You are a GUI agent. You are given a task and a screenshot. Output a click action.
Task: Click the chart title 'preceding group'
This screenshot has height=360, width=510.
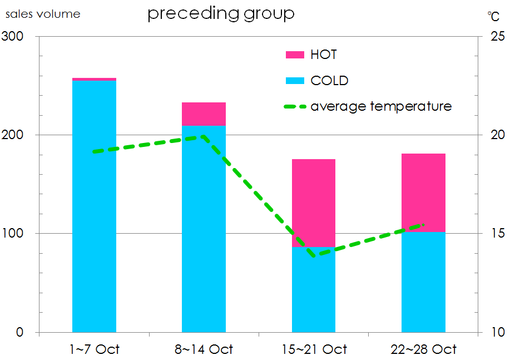coord(220,13)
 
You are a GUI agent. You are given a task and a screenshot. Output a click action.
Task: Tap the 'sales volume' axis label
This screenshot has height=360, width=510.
coord(43,14)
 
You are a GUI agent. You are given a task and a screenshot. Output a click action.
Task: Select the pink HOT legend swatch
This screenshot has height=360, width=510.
coord(295,55)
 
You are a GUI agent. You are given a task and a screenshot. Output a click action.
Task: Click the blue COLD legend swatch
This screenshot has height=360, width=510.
coord(295,81)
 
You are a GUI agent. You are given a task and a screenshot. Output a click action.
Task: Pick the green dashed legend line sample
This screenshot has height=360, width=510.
coord(295,106)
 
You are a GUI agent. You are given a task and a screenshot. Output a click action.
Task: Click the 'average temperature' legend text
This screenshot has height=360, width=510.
coord(381,106)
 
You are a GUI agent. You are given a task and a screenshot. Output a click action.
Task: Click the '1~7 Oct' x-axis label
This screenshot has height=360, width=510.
coord(95,349)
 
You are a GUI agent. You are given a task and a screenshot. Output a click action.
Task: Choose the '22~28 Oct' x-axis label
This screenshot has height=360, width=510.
coord(423,349)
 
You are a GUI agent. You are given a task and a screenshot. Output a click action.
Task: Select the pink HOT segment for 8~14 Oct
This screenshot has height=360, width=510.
coord(204,114)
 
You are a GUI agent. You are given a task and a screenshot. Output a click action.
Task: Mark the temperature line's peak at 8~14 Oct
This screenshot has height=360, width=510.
coord(204,136)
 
